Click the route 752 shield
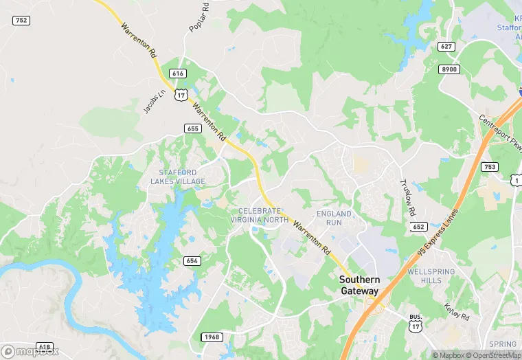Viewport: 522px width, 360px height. pyautogui.click(x=21, y=21)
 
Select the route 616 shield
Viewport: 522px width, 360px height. pyautogui.click(x=178, y=74)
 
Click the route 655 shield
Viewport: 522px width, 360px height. pyautogui.click(x=192, y=128)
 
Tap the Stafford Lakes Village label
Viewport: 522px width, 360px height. pyautogui.click(x=178, y=177)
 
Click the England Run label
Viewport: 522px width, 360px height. pyautogui.click(x=334, y=218)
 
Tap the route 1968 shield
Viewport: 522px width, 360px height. pyautogui.click(x=212, y=337)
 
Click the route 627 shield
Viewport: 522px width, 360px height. pyautogui.click(x=447, y=47)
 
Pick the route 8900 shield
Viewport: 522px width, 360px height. pyautogui.click(x=449, y=69)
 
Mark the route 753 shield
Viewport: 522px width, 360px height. pyautogui.click(x=490, y=166)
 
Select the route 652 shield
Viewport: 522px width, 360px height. pyautogui.click(x=418, y=226)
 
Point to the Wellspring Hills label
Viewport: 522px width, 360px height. pyautogui.click(x=431, y=276)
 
